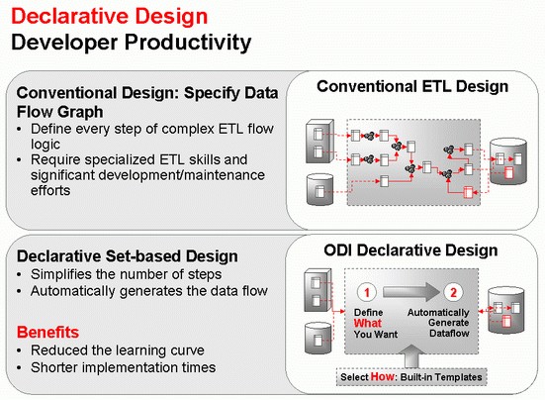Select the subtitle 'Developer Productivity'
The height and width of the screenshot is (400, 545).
131,42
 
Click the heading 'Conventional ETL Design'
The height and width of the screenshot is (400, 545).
412,87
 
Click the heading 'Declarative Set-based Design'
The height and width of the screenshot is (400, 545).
126,256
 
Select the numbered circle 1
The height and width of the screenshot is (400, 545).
365,293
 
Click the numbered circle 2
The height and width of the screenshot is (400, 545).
451,293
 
